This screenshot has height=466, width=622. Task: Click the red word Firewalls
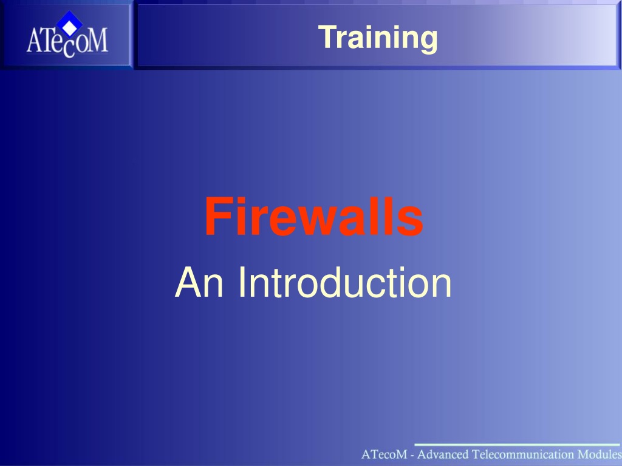pyautogui.click(x=313, y=217)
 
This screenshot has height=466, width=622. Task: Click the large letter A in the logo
pyautogui.click(x=34, y=40)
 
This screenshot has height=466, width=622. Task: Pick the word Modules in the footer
pyautogui.click(x=600, y=454)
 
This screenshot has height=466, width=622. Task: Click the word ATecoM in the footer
pyautogui.click(x=384, y=454)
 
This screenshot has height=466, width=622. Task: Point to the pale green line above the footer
pyautogui.click(x=518, y=445)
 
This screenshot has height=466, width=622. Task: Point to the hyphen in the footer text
pyautogui.click(x=412, y=455)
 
